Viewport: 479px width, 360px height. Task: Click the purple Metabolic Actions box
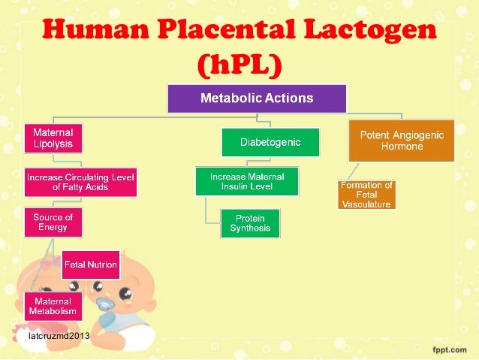[256, 98]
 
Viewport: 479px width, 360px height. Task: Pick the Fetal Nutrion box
[90, 265]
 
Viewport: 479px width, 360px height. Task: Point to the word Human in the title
[89, 33]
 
